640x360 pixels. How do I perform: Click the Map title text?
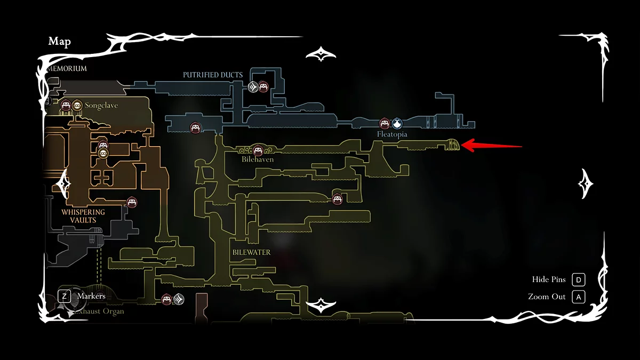point(60,42)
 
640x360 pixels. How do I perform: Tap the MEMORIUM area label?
point(67,69)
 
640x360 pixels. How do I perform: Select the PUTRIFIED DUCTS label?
point(213,75)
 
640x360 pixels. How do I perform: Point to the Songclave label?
point(101,106)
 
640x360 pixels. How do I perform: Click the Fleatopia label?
point(392,134)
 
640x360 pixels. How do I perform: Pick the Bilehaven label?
point(258,159)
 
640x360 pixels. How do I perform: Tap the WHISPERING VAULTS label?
point(83,216)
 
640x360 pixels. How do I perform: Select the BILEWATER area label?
point(251,252)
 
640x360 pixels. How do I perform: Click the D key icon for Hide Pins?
point(578,280)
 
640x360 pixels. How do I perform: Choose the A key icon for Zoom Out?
point(578,297)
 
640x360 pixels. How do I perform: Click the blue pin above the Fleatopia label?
point(397,124)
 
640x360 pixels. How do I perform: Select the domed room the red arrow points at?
point(453,145)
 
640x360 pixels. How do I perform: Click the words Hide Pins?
point(549,280)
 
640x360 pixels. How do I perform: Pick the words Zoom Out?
point(547,297)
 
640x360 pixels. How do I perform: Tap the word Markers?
point(91,296)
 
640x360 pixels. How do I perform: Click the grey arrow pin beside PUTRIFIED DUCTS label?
point(253,86)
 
